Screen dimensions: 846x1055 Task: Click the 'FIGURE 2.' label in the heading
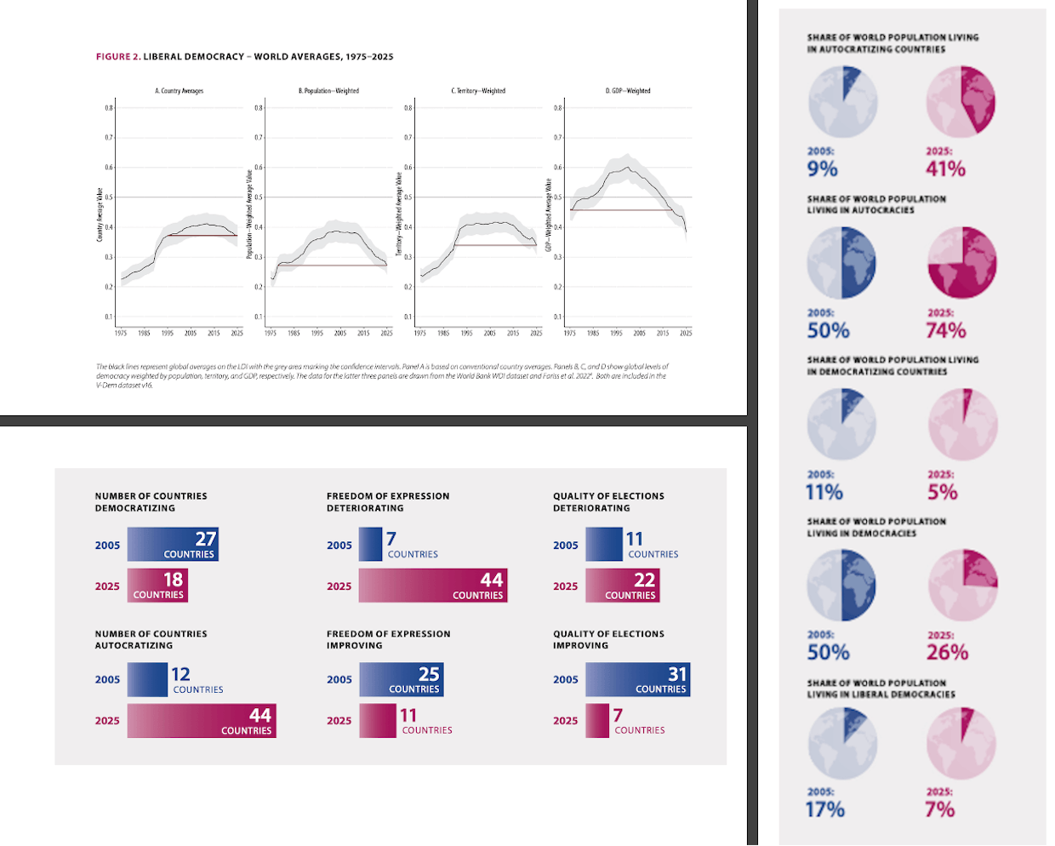click(x=118, y=57)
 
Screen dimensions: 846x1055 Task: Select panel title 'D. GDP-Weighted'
click(x=628, y=91)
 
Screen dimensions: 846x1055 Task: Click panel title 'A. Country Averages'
click(x=179, y=91)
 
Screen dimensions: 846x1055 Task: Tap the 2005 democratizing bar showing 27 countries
click(x=173, y=545)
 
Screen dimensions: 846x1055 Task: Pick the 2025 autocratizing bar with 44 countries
click(x=202, y=720)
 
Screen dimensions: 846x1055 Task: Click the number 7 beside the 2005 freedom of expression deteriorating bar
click(x=391, y=539)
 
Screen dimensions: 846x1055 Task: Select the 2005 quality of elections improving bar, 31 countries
click(x=637, y=679)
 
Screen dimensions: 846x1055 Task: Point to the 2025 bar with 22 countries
click(x=622, y=586)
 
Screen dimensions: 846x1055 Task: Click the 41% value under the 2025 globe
click(x=946, y=169)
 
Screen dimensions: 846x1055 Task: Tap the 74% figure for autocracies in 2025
click(x=946, y=330)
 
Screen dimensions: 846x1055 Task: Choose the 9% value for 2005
click(x=823, y=169)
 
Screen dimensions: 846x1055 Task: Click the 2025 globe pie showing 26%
click(x=962, y=585)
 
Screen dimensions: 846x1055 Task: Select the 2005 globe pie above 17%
click(x=841, y=742)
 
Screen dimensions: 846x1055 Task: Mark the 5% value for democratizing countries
click(x=943, y=492)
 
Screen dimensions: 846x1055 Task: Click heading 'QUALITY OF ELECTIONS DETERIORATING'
click(x=608, y=501)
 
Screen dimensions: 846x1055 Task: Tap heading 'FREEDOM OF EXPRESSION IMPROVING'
click(x=388, y=639)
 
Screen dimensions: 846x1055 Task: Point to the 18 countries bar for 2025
click(x=157, y=586)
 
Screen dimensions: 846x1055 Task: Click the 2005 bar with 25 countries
click(x=401, y=679)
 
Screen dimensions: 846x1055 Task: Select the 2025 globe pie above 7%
click(x=961, y=742)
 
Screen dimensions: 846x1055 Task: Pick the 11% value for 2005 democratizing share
click(x=824, y=492)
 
